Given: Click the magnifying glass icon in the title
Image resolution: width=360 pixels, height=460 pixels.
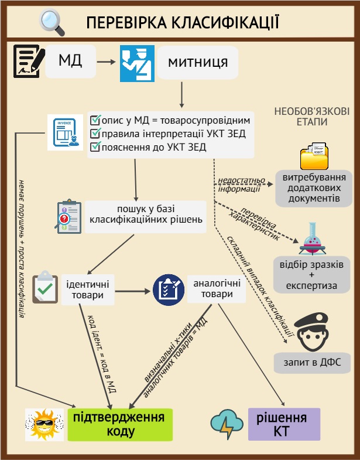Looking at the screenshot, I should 52,22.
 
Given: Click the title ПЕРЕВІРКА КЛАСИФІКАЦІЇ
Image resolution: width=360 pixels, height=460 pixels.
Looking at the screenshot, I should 181,23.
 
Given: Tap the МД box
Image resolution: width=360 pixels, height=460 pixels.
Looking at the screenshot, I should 70,61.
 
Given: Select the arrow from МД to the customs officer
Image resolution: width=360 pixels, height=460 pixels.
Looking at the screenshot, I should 108,61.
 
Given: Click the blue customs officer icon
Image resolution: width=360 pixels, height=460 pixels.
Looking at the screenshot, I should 137,63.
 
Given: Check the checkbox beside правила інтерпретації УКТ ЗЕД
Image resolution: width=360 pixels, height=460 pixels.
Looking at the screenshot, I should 96,134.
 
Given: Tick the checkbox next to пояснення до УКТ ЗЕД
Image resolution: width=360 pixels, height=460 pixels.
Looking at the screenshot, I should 96,147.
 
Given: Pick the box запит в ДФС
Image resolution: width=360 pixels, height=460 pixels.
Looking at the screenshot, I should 311,362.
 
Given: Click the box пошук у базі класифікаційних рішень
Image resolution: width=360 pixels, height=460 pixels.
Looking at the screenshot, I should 146,214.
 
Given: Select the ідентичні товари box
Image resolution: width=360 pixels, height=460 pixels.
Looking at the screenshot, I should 88,289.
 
